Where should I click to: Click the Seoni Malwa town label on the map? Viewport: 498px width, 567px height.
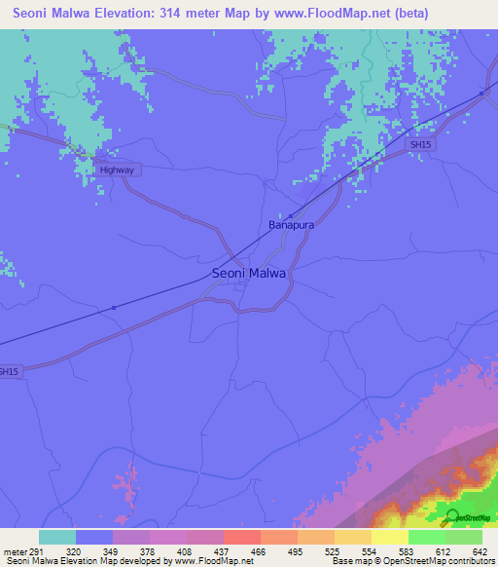click(x=249, y=274)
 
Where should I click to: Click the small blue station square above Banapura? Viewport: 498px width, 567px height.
click(x=290, y=215)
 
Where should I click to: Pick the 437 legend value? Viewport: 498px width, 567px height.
click(x=221, y=550)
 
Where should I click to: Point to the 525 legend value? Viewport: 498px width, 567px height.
click(x=334, y=550)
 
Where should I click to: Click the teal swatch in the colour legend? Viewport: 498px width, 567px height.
click(x=57, y=537)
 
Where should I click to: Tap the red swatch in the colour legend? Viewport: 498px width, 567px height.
click(x=241, y=537)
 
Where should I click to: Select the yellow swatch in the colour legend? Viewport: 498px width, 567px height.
click(x=389, y=537)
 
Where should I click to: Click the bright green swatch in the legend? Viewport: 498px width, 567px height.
click(x=426, y=537)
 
